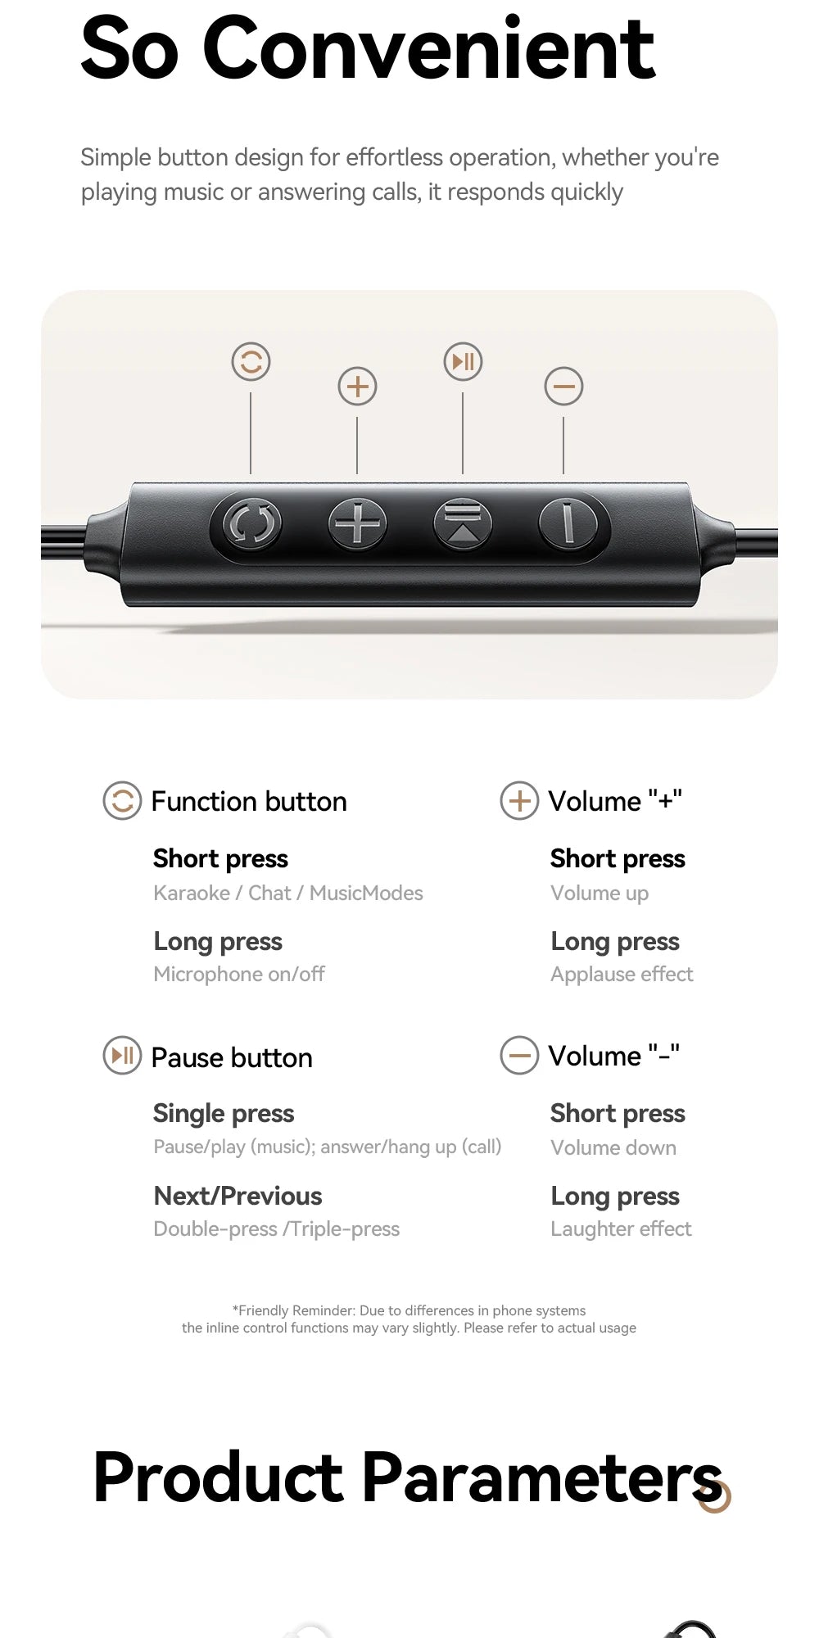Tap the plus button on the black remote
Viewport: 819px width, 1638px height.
[357, 523]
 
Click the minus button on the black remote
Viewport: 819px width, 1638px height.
[568, 523]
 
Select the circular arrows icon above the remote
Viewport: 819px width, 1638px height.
[251, 361]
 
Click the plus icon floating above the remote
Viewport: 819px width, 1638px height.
[357, 386]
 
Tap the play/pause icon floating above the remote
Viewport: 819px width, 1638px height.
[463, 361]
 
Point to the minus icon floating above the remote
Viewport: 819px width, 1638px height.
[563, 386]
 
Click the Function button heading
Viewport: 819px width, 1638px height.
[249, 801]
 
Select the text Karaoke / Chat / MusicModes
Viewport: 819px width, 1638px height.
[287, 893]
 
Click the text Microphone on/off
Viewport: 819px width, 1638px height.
[238, 974]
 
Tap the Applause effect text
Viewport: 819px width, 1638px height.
[622, 974]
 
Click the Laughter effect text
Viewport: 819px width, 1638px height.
[621, 1228]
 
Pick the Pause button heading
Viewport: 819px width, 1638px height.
[232, 1057]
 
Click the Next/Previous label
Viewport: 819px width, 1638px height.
[238, 1196]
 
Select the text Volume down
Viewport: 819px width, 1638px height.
[613, 1147]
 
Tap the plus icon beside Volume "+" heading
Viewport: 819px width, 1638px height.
[519, 801]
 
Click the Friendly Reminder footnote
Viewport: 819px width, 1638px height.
[409, 1319]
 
